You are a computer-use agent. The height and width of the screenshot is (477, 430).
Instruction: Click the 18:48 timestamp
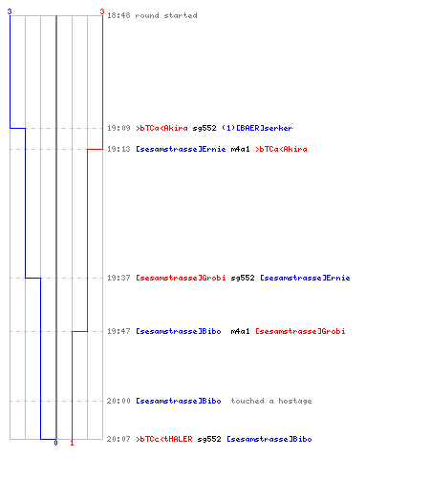pos(118,15)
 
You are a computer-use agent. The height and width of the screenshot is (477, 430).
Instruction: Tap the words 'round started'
pos(166,15)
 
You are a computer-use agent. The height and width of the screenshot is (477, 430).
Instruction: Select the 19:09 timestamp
pos(118,128)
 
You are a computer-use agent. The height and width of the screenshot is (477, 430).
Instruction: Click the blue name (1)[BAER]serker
pos(257,128)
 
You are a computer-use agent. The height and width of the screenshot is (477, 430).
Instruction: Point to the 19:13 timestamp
pos(118,149)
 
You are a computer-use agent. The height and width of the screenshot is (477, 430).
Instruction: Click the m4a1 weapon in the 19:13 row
pos(240,149)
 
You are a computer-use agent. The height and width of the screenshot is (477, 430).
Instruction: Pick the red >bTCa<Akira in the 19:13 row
pos(281,149)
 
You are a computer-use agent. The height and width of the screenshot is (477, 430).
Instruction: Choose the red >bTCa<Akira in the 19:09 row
pos(161,128)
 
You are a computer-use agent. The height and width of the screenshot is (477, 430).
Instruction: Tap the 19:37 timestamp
pos(118,278)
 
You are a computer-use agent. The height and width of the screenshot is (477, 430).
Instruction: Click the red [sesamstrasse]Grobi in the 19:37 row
pos(181,278)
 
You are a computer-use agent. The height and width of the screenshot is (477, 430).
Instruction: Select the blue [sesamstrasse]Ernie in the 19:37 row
pos(305,278)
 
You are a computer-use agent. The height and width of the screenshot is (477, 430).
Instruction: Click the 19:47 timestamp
pos(118,331)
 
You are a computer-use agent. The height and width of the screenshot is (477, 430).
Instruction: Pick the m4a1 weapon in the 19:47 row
pos(240,331)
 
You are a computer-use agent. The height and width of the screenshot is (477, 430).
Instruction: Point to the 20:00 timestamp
pos(118,401)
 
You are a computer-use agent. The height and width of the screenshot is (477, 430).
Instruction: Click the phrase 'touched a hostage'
pos(271,401)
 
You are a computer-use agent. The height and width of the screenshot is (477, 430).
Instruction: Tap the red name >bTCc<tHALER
pos(164,439)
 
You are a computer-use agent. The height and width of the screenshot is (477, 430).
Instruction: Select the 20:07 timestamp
pos(118,439)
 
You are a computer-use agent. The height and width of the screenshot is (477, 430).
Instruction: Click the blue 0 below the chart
pos(55,443)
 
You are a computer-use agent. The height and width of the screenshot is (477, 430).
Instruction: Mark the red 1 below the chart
pos(72,443)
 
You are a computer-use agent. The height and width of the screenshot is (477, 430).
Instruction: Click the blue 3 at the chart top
pos(10,11)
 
